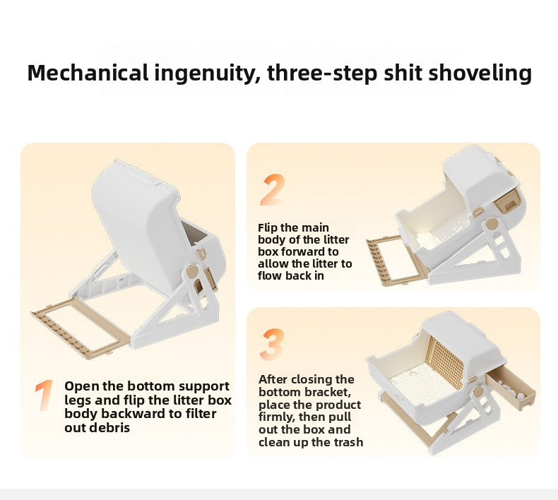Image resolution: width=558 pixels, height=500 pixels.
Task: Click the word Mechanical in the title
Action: (x=88, y=73)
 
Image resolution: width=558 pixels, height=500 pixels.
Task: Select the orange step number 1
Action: (x=44, y=395)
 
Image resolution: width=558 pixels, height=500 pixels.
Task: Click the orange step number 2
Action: (x=273, y=190)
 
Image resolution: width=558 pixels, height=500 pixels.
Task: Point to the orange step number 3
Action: (x=272, y=344)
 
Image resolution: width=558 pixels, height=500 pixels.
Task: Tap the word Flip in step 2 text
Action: (x=268, y=228)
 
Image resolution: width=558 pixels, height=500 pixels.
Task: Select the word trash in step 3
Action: (x=348, y=442)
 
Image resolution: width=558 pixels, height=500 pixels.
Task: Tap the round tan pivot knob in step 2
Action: (x=492, y=224)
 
